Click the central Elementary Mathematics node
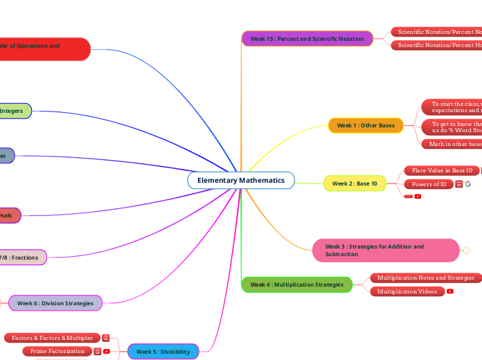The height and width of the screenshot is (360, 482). click(x=241, y=180)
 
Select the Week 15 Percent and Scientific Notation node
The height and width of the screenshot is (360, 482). click(x=307, y=39)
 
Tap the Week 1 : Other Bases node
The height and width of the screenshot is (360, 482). click(x=366, y=125)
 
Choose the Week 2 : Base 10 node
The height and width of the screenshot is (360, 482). click(x=355, y=183)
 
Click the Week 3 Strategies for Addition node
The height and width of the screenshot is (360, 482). click(x=386, y=250)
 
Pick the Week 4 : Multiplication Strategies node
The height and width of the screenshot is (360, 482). click(x=296, y=285)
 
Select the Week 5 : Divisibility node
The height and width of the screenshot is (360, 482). click(x=163, y=352)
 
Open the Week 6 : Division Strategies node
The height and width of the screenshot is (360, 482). click(x=55, y=303)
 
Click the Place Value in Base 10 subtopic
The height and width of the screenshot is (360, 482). click(x=442, y=170)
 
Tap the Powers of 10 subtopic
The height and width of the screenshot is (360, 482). click(x=429, y=184)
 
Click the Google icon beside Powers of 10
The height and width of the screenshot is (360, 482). click(x=468, y=184)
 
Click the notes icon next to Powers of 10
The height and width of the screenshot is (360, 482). click(x=459, y=184)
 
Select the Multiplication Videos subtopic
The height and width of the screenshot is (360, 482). click(x=407, y=291)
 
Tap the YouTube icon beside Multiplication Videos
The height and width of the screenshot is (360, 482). click(x=450, y=291)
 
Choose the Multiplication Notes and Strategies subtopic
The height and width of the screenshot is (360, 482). click(x=425, y=278)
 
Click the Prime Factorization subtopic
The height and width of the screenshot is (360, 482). click(x=57, y=351)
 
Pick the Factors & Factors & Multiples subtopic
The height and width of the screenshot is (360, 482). click(x=52, y=338)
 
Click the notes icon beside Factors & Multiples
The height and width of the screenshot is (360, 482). click(x=106, y=338)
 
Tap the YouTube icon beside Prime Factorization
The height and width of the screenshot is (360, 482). click(x=106, y=351)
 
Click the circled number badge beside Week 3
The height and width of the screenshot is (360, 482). click(x=467, y=250)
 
